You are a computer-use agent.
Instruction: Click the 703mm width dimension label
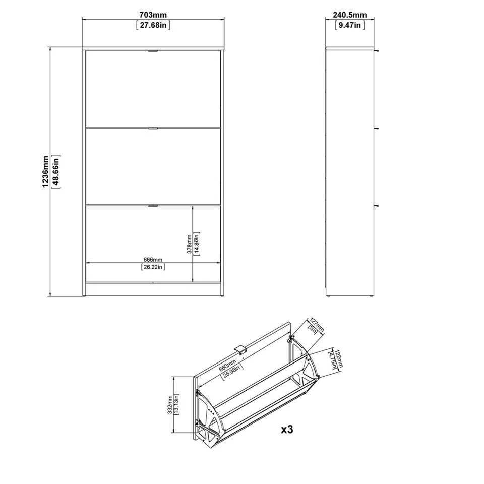tap(153, 16)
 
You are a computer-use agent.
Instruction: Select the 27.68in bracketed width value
tap(153, 25)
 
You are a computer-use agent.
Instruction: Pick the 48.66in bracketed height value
tap(55, 171)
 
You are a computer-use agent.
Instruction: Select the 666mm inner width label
tap(153, 259)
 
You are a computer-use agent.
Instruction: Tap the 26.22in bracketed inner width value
tap(153, 267)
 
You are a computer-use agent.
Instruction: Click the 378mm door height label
tap(189, 245)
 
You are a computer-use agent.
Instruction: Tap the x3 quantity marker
tap(287, 430)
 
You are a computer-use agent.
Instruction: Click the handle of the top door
tap(153, 50)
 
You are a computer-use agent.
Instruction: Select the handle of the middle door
tap(153, 129)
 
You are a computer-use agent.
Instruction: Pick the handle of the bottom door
tap(153, 205)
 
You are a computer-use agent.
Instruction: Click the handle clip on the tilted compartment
tap(241, 349)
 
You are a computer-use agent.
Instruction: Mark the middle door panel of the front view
tap(153, 166)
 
